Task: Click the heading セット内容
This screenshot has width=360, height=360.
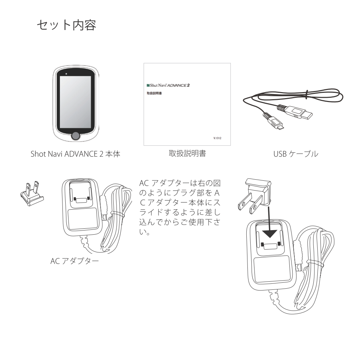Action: pyautogui.click(x=66, y=26)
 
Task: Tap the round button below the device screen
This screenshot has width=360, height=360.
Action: pyautogui.click(x=75, y=136)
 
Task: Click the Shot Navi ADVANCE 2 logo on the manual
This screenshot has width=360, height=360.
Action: pyautogui.click(x=169, y=85)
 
